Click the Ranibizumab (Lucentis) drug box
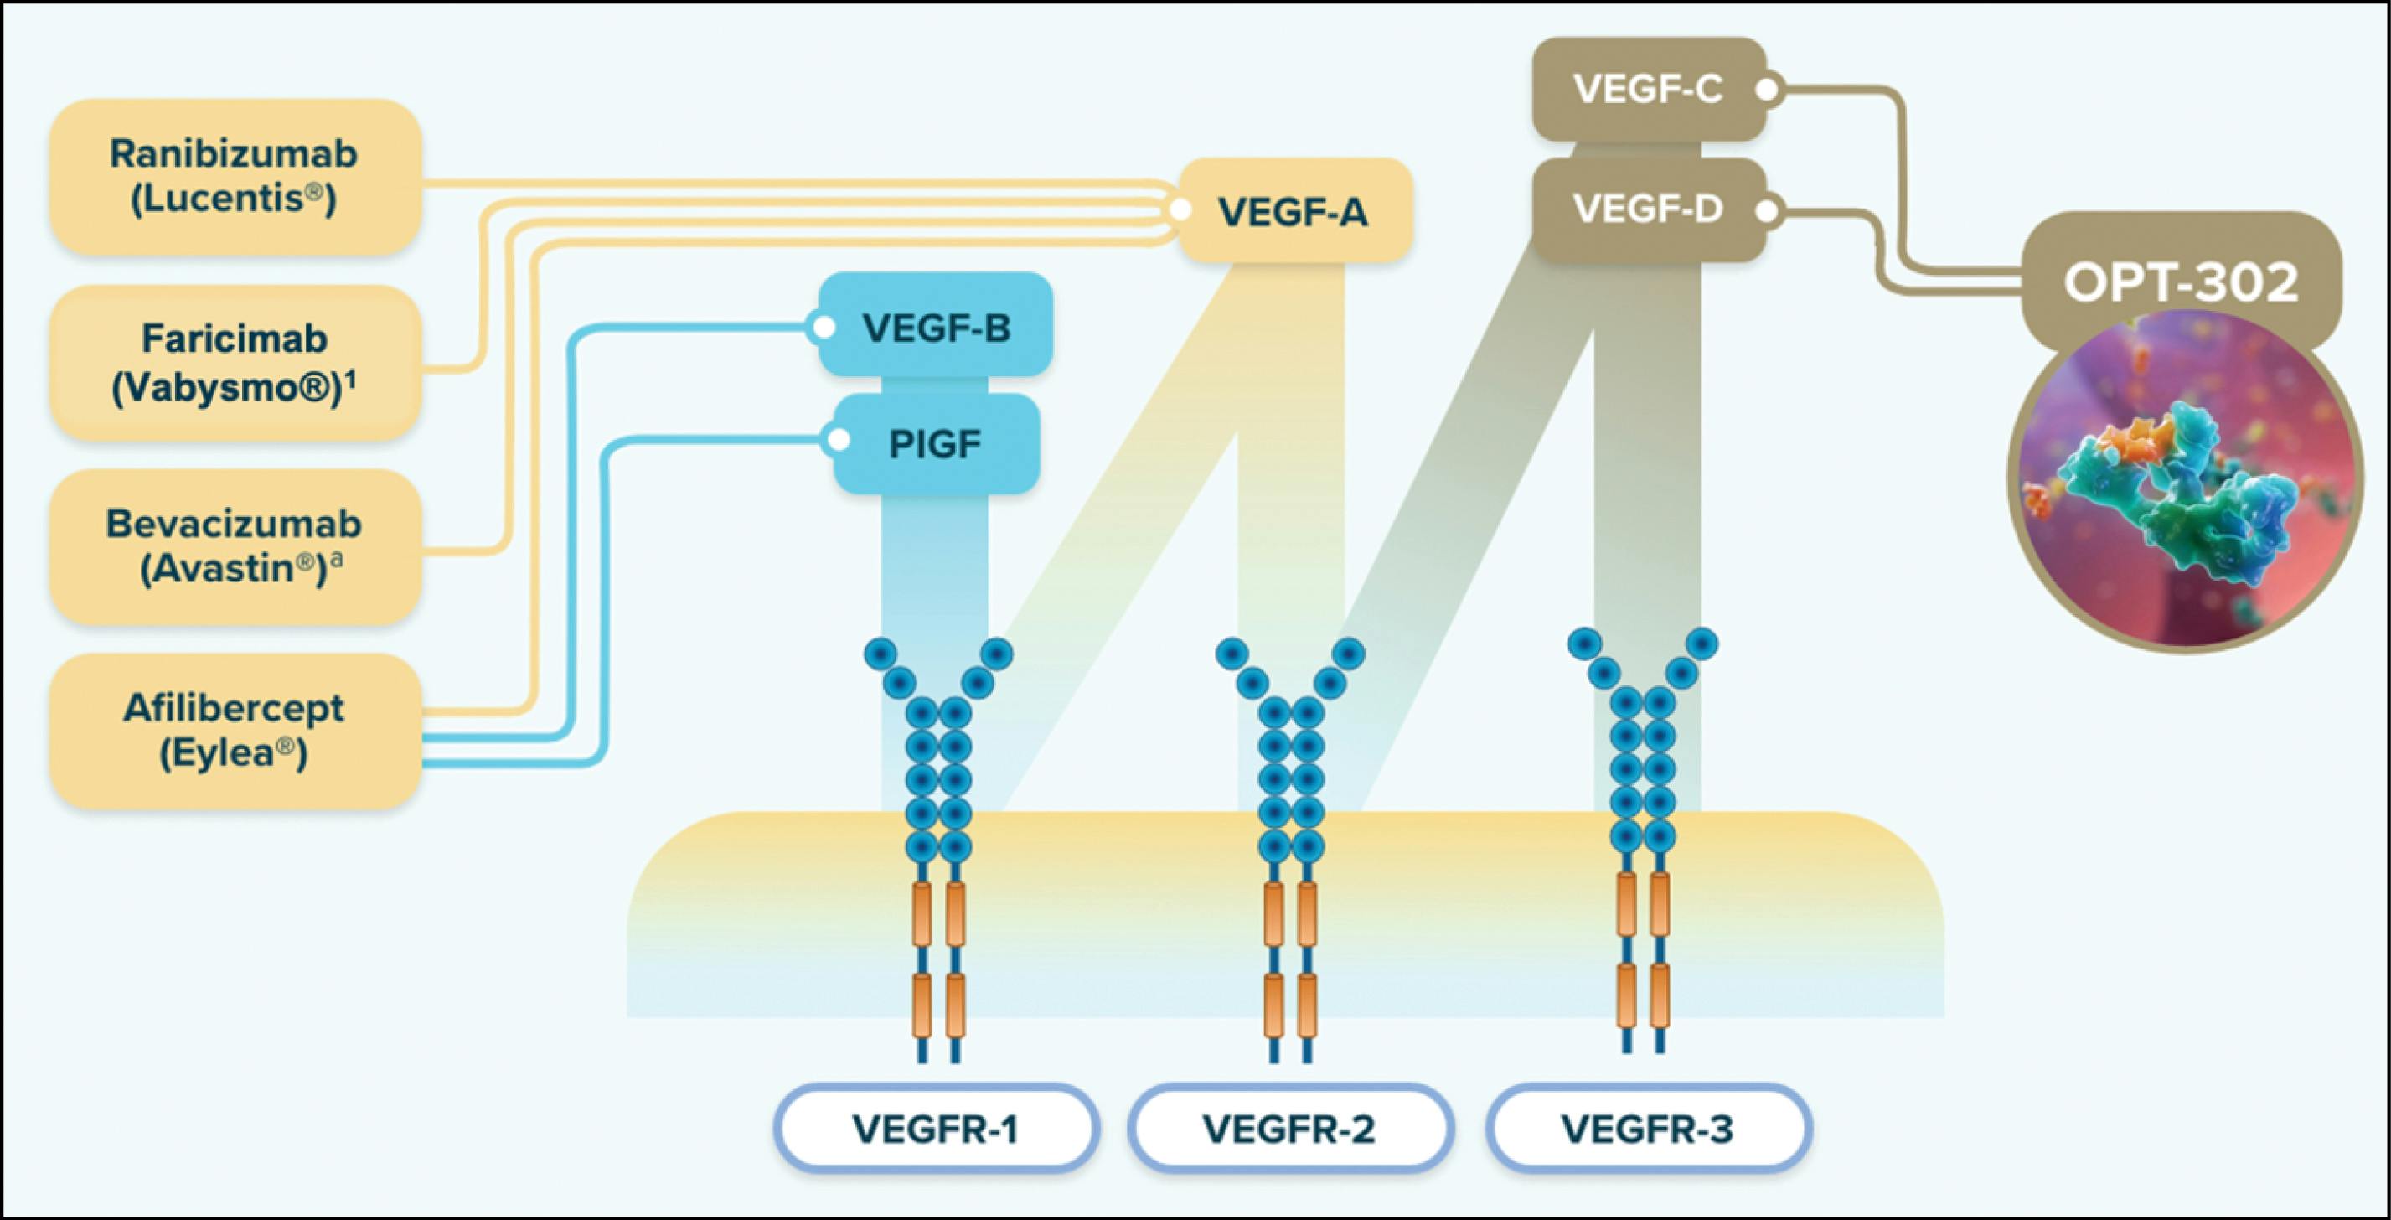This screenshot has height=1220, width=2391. pyautogui.click(x=235, y=177)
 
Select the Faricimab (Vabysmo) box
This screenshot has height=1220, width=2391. pyautogui.click(x=235, y=363)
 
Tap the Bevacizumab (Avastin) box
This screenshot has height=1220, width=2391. pyautogui.click(x=235, y=547)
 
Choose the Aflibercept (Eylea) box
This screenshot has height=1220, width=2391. pyautogui.click(x=235, y=731)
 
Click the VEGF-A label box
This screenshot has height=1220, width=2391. pyautogui.click(x=1294, y=212)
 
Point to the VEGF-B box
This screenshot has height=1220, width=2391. pyautogui.click(x=936, y=327)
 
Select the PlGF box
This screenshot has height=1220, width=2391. pyautogui.click(x=936, y=444)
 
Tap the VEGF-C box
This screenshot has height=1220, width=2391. pyautogui.click(x=1648, y=90)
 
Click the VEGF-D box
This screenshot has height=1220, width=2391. pyautogui.click(x=1648, y=209)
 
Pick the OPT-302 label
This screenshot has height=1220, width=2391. pyautogui.click(x=2181, y=282)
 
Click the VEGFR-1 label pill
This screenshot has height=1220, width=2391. pyautogui.click(x=936, y=1129)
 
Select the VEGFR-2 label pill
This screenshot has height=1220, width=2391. pyautogui.click(x=1289, y=1129)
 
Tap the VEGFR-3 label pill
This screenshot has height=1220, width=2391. pyautogui.click(x=1648, y=1129)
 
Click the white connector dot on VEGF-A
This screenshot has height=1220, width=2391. pyautogui.click(x=1180, y=209)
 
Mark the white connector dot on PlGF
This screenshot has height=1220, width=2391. pyautogui.click(x=838, y=440)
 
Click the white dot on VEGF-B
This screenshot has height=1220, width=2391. pyautogui.click(x=823, y=328)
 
